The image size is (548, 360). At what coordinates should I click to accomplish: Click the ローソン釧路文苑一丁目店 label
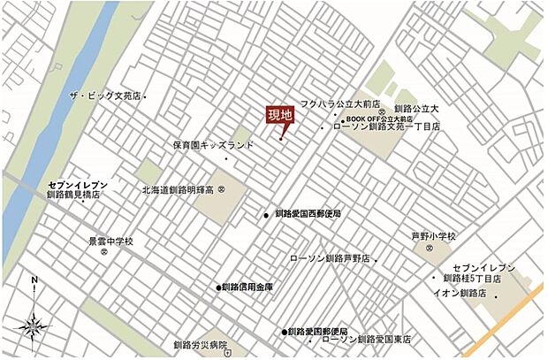click(x=386, y=127)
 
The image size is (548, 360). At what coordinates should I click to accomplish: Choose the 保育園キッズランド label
click(x=213, y=145)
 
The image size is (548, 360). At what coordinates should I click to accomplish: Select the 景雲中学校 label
click(x=110, y=241)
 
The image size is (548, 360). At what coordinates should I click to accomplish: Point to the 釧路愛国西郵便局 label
click(x=307, y=214)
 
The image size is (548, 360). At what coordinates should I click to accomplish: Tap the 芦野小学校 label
click(x=433, y=236)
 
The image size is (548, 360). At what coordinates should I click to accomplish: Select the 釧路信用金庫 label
click(x=247, y=287)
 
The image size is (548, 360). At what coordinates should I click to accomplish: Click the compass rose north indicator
click(x=33, y=281)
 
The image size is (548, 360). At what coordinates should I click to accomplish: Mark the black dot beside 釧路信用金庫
click(x=218, y=287)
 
